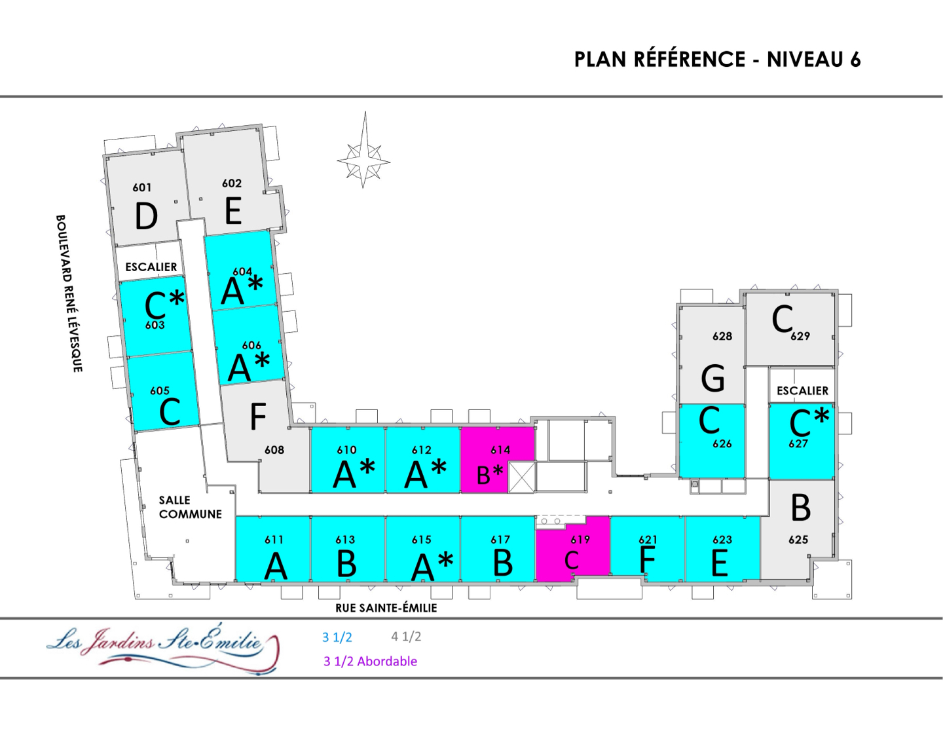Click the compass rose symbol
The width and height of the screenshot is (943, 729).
coord(364,160)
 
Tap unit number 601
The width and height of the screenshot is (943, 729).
coord(142,187)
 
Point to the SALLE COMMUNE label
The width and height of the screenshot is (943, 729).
coord(190,507)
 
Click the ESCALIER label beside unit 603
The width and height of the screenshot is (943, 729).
coord(151,267)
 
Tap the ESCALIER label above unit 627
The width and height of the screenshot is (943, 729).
coord(802,390)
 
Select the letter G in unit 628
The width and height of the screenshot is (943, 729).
coord(712,378)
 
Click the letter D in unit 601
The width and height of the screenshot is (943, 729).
coord(146,217)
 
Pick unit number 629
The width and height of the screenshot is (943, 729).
coord(800,336)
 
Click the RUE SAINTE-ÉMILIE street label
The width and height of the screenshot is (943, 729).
coord(386,608)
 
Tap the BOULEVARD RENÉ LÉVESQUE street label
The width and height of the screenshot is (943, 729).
coord(69,293)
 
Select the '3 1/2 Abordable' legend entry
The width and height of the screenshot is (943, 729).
coord(370,661)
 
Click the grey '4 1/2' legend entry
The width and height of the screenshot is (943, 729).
coord(406,636)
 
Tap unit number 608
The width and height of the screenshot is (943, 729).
coord(274,449)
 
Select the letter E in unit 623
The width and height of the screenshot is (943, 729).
coord(719,563)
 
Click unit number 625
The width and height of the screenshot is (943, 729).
coord(798,540)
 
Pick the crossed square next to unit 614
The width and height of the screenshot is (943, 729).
coord(522,476)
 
